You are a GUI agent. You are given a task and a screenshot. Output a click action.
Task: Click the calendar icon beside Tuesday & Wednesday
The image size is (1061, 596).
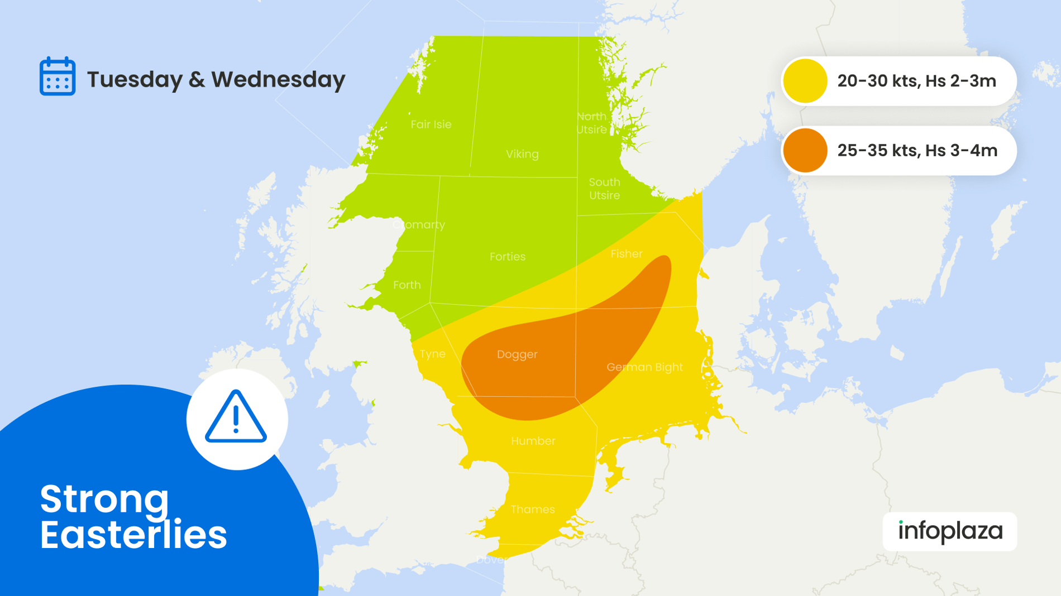pyautogui.click(x=58, y=76)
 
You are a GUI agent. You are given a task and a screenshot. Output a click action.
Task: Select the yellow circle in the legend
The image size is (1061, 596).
pyautogui.click(x=805, y=81)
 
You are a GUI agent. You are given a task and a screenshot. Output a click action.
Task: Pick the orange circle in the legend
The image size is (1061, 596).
pyautogui.click(x=805, y=151)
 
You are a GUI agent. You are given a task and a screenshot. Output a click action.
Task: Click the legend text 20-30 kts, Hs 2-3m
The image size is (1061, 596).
pyautogui.click(x=916, y=81)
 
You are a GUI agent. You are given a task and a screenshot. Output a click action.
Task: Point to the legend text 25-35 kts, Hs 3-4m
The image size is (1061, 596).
pyautogui.click(x=917, y=151)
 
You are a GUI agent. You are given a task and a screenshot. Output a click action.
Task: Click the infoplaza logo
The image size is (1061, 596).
pyautogui.click(x=950, y=531)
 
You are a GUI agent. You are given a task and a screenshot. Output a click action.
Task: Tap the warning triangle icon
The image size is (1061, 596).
pyautogui.click(x=236, y=418)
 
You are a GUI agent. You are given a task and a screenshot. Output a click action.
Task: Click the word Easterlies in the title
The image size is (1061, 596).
pyautogui.click(x=133, y=535)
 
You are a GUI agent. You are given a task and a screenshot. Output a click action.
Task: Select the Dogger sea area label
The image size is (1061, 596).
pyautogui.click(x=517, y=354)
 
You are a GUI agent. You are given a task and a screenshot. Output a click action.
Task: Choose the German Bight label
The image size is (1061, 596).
pyautogui.click(x=644, y=367)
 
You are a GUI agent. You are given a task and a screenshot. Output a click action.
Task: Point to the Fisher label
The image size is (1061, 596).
pyautogui.click(x=627, y=254)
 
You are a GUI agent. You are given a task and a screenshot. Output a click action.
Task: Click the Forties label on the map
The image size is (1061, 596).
pyautogui.click(x=508, y=257)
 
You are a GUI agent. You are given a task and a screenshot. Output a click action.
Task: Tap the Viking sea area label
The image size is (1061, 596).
pyautogui.click(x=522, y=154)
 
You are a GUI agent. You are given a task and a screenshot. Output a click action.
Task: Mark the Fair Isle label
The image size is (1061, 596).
pyautogui.click(x=431, y=124)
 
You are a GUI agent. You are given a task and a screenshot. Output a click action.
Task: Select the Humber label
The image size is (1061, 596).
pyautogui.click(x=533, y=441)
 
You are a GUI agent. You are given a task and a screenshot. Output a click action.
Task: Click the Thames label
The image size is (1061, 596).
pyautogui.click(x=533, y=510)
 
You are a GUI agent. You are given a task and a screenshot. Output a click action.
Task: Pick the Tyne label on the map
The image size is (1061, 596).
pyautogui.click(x=433, y=354)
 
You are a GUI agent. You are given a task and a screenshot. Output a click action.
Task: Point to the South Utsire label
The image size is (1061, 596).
pyautogui.click(x=604, y=189)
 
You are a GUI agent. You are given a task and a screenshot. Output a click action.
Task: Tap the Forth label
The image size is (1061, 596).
pyautogui.click(x=407, y=285)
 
